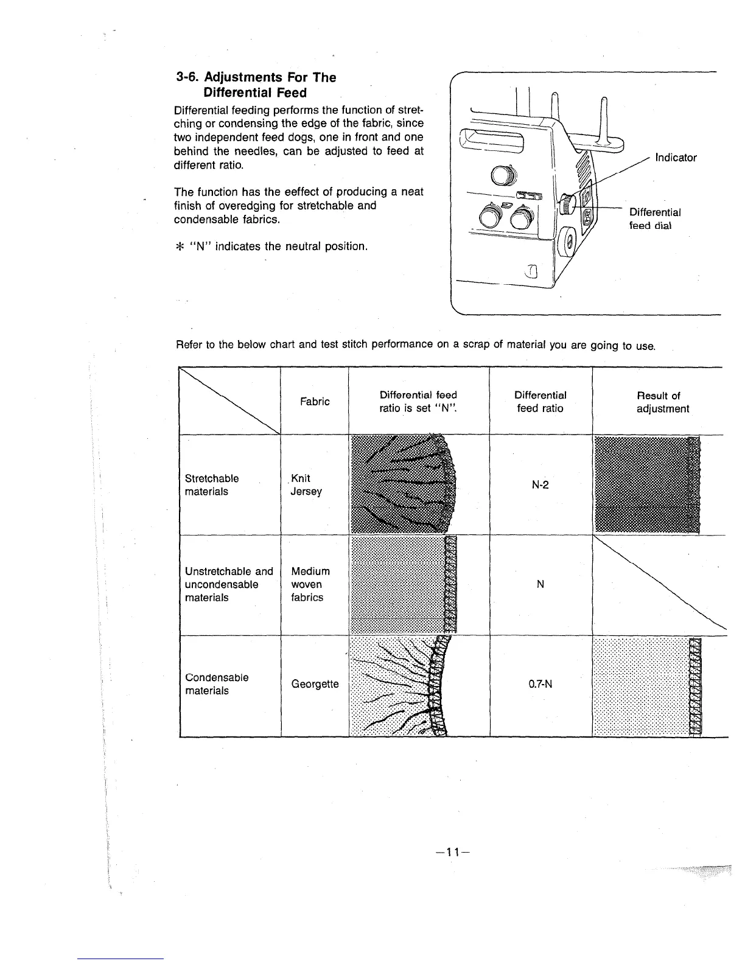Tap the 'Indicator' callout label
[676, 158]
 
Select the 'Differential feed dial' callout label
[654, 218]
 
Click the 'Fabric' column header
[315, 402]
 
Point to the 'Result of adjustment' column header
[662, 402]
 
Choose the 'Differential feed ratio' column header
[540, 402]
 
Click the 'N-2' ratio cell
[540, 485]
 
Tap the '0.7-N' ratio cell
[540, 684]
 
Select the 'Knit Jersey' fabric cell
[306, 485]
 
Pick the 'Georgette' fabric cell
[315, 684]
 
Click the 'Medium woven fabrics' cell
[310, 584]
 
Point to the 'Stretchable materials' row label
[211, 485]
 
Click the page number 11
[451, 852]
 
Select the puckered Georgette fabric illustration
[402, 686]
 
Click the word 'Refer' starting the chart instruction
[189, 346]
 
